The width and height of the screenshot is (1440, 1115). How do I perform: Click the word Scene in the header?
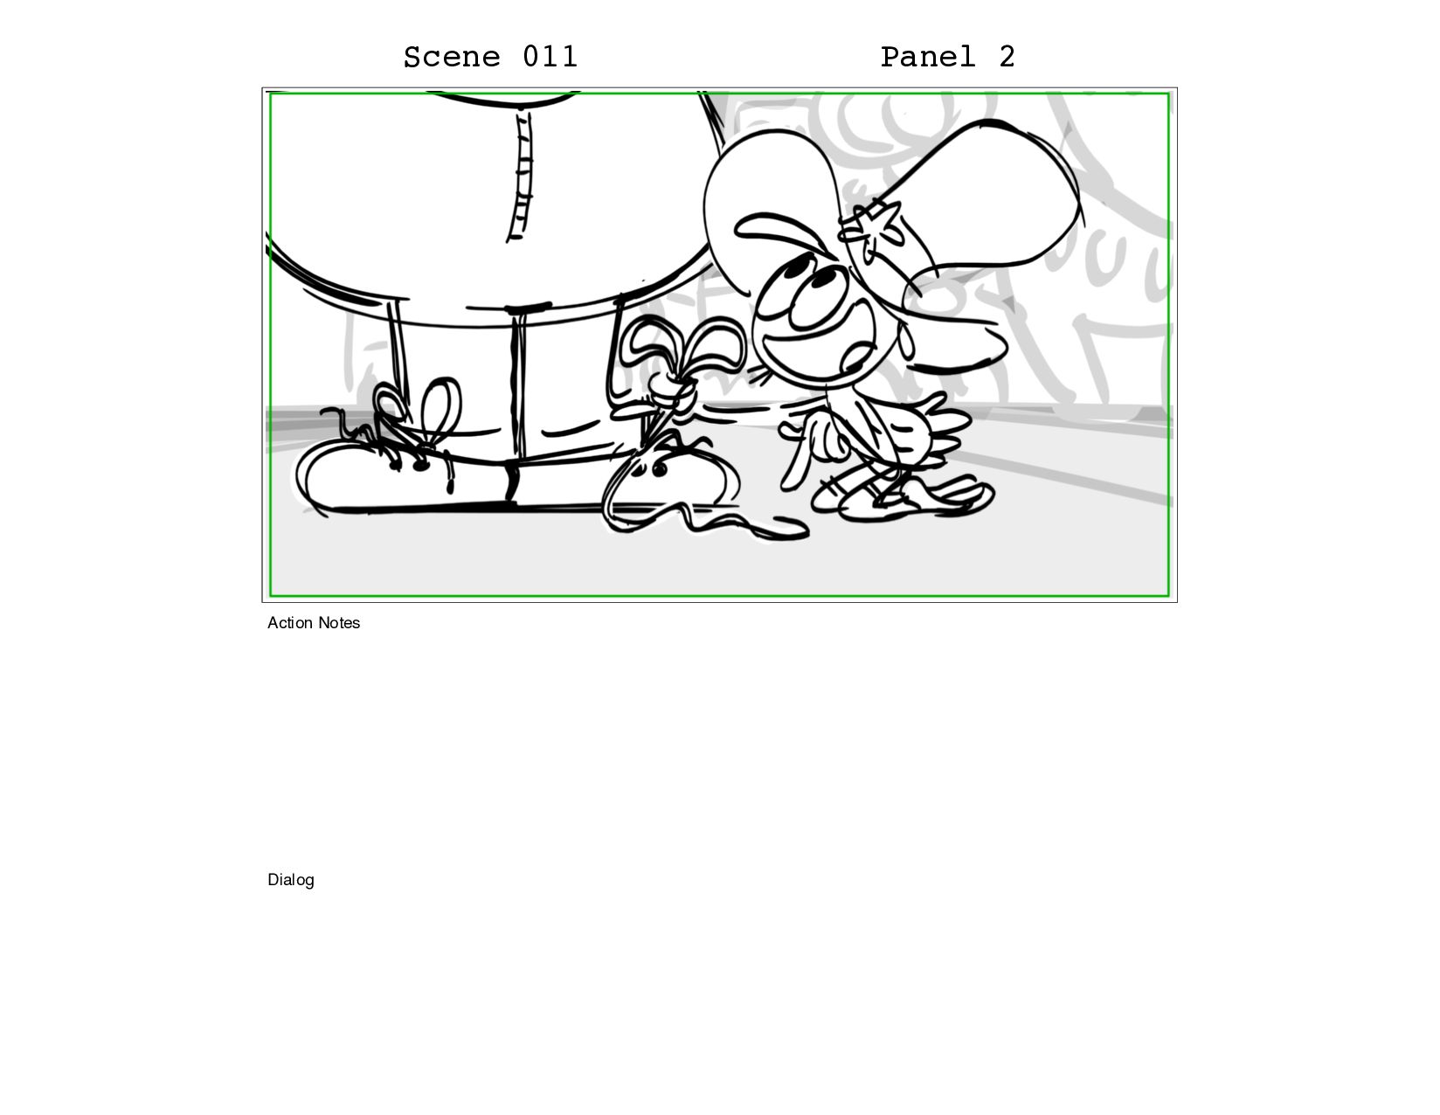pyautogui.click(x=451, y=57)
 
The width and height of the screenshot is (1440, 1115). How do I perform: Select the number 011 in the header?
pyautogui.click(x=550, y=56)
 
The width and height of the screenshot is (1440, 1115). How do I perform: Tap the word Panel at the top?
pyautogui.click(x=928, y=57)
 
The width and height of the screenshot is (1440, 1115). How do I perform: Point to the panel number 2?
pyautogui.click(x=1007, y=56)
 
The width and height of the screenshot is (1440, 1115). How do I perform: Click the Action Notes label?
pyautogui.click(x=314, y=623)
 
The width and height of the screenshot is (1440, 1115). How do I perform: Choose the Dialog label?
pyautogui.click(x=290, y=880)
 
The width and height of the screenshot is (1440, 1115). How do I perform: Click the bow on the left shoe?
pyautogui.click(x=419, y=407)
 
